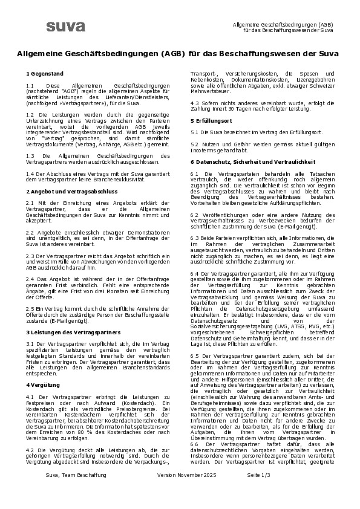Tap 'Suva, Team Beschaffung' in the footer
[x=76, y=493]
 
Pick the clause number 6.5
[x=195, y=355]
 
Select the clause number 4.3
[x=195, y=103]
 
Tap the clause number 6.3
[x=195, y=238]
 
